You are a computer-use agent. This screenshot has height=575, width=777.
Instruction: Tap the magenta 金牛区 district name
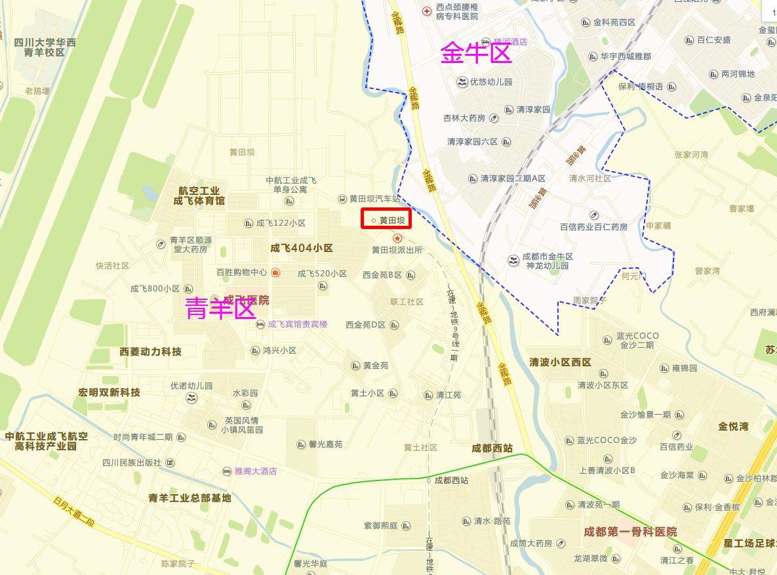(476, 53)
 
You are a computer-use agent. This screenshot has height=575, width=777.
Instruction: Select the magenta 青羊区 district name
(220, 308)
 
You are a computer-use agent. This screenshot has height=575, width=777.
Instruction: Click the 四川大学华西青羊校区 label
(45, 47)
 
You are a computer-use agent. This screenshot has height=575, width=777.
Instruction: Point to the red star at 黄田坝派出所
(397, 238)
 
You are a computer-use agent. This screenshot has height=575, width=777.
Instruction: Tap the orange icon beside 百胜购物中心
(276, 272)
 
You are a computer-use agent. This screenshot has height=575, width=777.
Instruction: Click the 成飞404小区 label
(302, 248)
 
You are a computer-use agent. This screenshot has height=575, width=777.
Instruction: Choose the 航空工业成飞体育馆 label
(199, 196)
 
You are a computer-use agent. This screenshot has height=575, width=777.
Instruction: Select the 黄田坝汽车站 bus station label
(374, 198)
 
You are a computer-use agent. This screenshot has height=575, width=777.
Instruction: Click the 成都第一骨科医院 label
(631, 532)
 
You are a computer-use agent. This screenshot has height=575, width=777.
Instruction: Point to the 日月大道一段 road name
(73, 511)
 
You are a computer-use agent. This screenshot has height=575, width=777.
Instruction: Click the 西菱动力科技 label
(151, 352)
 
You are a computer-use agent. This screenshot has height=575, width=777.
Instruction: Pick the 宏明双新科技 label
(110, 393)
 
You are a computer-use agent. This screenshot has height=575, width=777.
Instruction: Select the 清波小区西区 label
(561, 362)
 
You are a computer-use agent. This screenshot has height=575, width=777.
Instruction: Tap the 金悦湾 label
(733, 427)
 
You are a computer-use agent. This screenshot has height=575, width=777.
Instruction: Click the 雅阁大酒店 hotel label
(256, 471)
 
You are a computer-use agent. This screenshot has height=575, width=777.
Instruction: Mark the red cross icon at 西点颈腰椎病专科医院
(427, 11)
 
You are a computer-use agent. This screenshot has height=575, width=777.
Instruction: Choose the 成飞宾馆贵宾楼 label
(297, 324)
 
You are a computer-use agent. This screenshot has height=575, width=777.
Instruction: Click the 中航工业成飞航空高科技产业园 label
(46, 441)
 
